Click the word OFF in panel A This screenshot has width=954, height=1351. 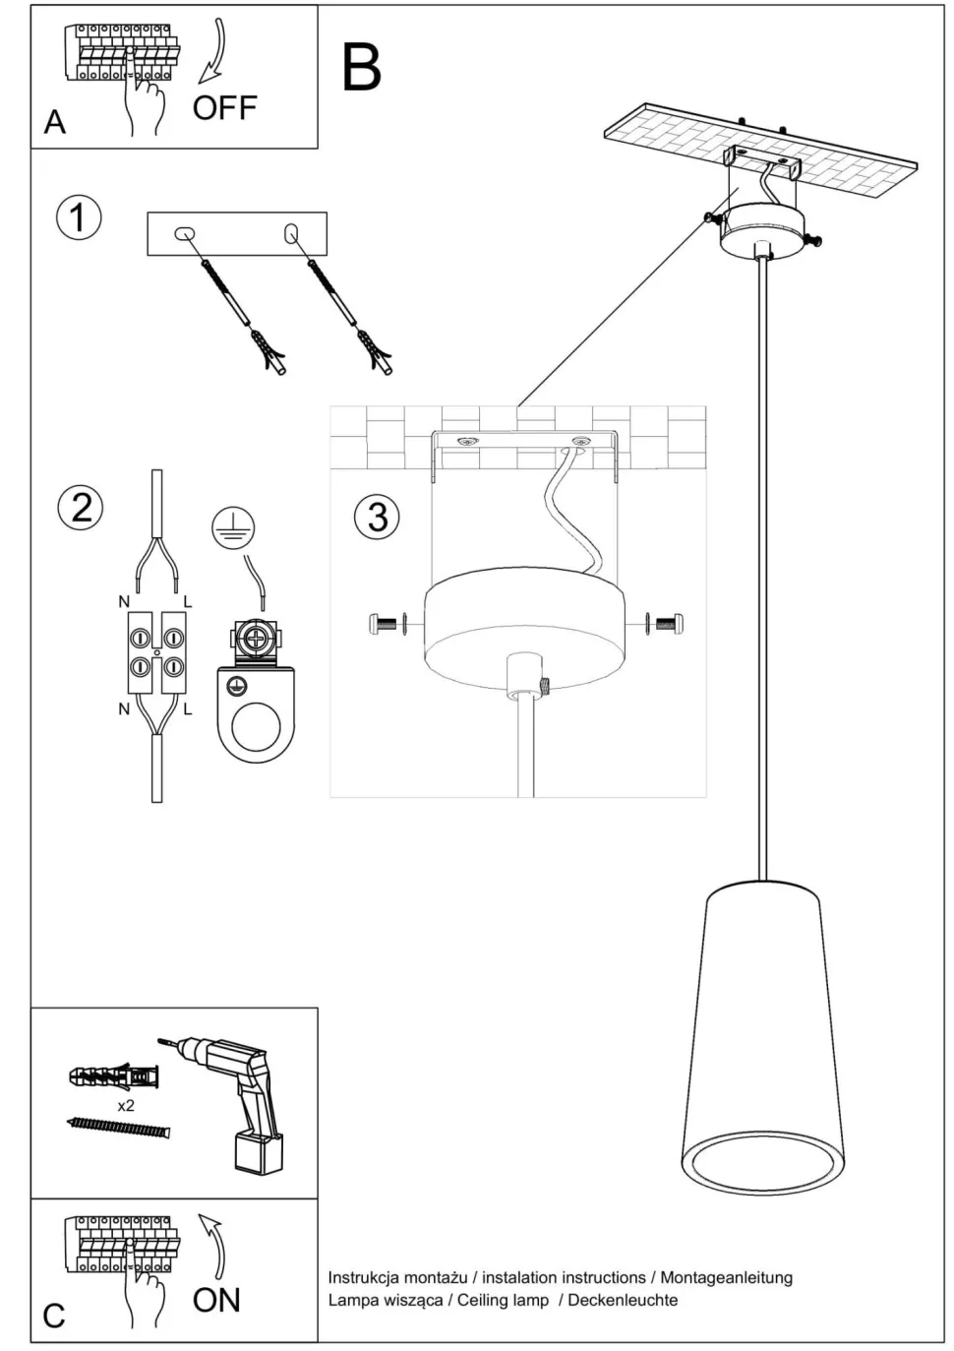tap(224, 107)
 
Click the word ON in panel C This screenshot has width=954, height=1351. tap(216, 1300)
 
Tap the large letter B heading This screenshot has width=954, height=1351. tap(361, 68)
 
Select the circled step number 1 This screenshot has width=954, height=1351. tap(79, 216)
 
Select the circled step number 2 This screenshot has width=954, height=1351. tap(81, 507)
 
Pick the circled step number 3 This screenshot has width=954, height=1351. tap(377, 517)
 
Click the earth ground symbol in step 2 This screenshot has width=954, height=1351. tap(232, 529)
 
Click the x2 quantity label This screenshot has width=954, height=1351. tap(126, 1106)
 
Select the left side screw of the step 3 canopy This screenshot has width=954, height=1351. tap(386, 622)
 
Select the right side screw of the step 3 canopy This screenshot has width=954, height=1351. tap(666, 622)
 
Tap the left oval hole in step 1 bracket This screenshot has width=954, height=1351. tap(184, 233)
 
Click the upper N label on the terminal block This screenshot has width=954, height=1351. tap(124, 602)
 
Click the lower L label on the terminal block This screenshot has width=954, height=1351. tap(188, 708)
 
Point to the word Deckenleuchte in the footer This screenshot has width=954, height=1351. tap(623, 1300)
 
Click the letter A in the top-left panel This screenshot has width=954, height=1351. tap(55, 122)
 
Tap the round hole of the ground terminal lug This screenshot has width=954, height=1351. tap(256, 727)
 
